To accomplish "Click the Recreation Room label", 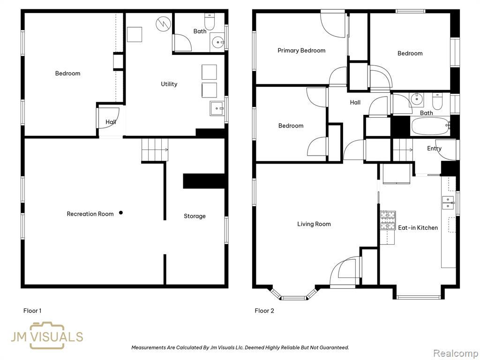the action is (x=90, y=214).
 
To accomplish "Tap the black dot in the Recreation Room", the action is (x=121, y=213).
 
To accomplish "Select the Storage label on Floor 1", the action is (x=195, y=216).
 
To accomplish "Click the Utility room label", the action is (x=169, y=84).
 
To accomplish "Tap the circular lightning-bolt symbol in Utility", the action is (x=163, y=24).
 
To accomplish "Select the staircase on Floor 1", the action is (x=155, y=150).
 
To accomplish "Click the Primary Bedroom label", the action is (x=301, y=51).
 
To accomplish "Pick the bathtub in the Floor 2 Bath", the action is (x=430, y=126).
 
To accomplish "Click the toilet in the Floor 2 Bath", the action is (x=437, y=101).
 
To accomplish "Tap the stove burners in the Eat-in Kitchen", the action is (x=388, y=220).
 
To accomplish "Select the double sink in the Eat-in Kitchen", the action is (x=448, y=202).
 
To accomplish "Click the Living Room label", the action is (x=314, y=224).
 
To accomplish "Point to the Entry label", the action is (x=435, y=149).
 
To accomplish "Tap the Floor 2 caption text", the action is (x=264, y=311).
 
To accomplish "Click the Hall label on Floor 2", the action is (x=355, y=103).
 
